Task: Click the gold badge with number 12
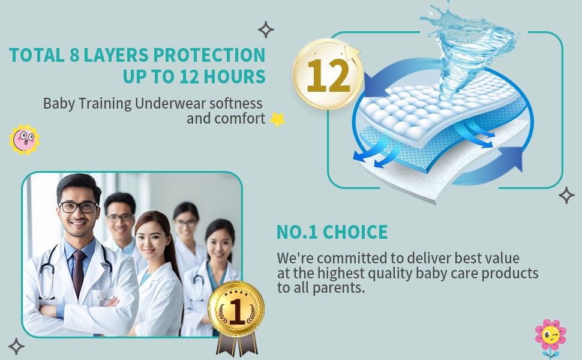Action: pyautogui.click(x=328, y=74)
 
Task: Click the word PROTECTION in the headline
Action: pyautogui.click(x=209, y=55)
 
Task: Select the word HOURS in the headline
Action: pyautogui.click(x=235, y=76)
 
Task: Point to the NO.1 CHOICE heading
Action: pyautogui.click(x=332, y=232)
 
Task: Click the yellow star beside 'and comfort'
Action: pyautogui.click(x=277, y=119)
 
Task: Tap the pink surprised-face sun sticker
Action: pyautogui.click(x=25, y=140)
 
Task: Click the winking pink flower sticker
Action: pyautogui.click(x=551, y=336)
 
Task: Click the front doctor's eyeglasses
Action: pyautogui.click(x=79, y=208)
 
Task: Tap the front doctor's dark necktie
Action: pyautogui.click(x=79, y=273)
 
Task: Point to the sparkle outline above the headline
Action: pyautogui.click(x=266, y=29)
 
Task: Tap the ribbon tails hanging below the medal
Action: pyautogui.click(x=237, y=344)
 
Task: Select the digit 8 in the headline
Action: pyautogui.click(x=74, y=55)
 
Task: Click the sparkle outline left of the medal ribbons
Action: pyautogui.click(x=16, y=347)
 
